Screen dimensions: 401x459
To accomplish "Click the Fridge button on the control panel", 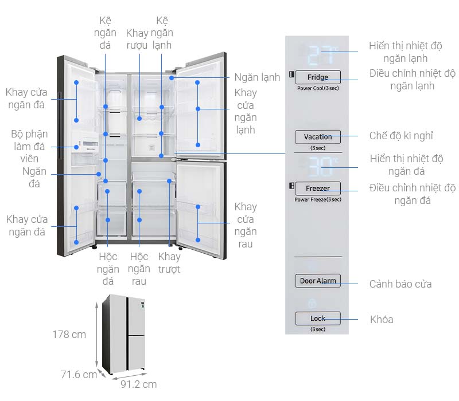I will click(318, 77).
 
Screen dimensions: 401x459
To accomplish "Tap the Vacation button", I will click(318, 137).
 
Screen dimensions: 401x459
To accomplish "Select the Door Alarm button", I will click(318, 281).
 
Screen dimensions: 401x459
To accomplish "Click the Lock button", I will click(318, 319).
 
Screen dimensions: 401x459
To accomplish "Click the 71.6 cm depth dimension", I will click(79, 375).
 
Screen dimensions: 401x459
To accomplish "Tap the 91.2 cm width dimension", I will click(138, 384).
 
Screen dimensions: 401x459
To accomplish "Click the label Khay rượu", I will click(138, 39).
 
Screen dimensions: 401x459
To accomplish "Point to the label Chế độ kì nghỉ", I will click(401, 136).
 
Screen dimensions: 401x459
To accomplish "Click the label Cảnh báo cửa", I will click(400, 284).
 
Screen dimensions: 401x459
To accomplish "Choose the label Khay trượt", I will click(169, 262).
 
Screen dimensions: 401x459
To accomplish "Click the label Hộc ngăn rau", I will click(139, 269).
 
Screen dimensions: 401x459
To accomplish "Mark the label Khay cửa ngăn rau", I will click(246, 225).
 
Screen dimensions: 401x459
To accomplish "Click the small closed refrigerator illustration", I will click(126, 332).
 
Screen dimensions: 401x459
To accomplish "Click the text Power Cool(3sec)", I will click(318, 89).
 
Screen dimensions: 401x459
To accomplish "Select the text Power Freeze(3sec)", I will click(318, 199).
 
